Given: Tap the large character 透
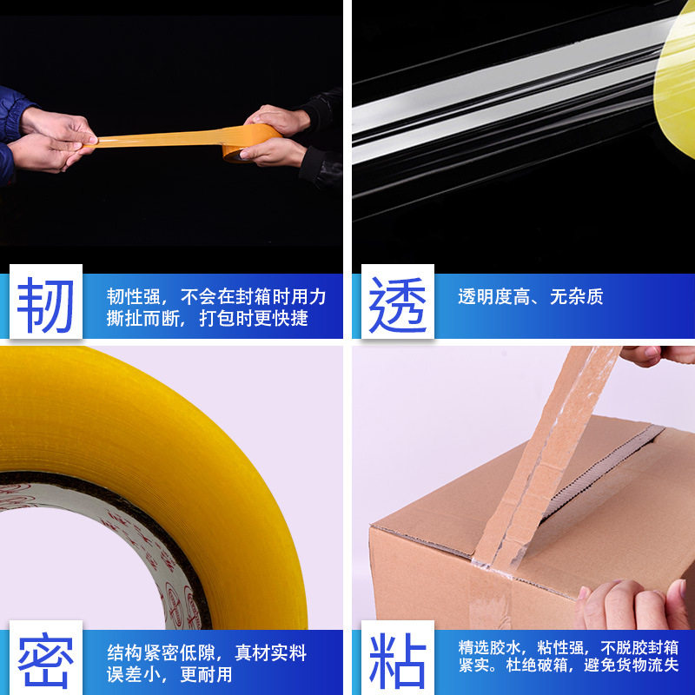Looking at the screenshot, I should [x=397, y=303].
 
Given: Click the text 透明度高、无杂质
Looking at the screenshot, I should [x=530, y=297].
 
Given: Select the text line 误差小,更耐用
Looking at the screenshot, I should [x=169, y=674].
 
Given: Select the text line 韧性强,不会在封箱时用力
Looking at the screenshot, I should [x=216, y=297].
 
